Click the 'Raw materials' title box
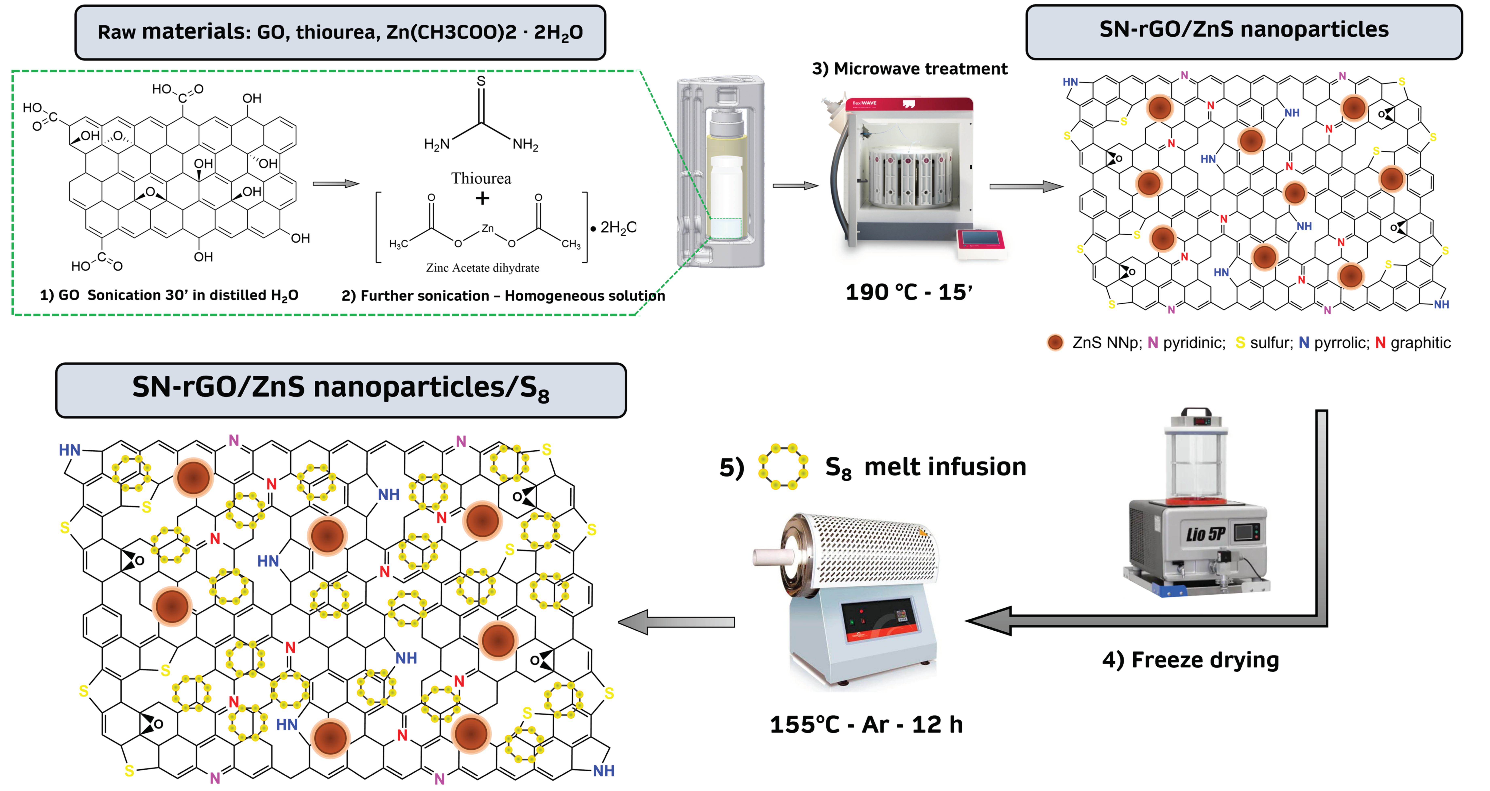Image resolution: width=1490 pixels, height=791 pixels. click(340, 32)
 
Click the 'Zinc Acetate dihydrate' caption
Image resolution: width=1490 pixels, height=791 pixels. click(482, 268)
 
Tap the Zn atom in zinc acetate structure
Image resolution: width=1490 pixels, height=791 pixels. click(488, 228)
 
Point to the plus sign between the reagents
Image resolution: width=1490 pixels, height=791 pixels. click(482, 198)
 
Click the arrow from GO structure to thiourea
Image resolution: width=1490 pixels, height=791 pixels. click(335, 184)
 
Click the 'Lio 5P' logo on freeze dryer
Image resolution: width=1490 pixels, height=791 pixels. click(1205, 533)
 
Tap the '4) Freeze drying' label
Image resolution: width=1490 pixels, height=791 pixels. click(1190, 660)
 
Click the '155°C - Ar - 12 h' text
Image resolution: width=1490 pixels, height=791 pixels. click(866, 724)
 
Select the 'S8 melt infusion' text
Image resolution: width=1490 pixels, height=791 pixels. click(925, 467)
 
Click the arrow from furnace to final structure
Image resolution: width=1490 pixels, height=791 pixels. click(677, 622)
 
